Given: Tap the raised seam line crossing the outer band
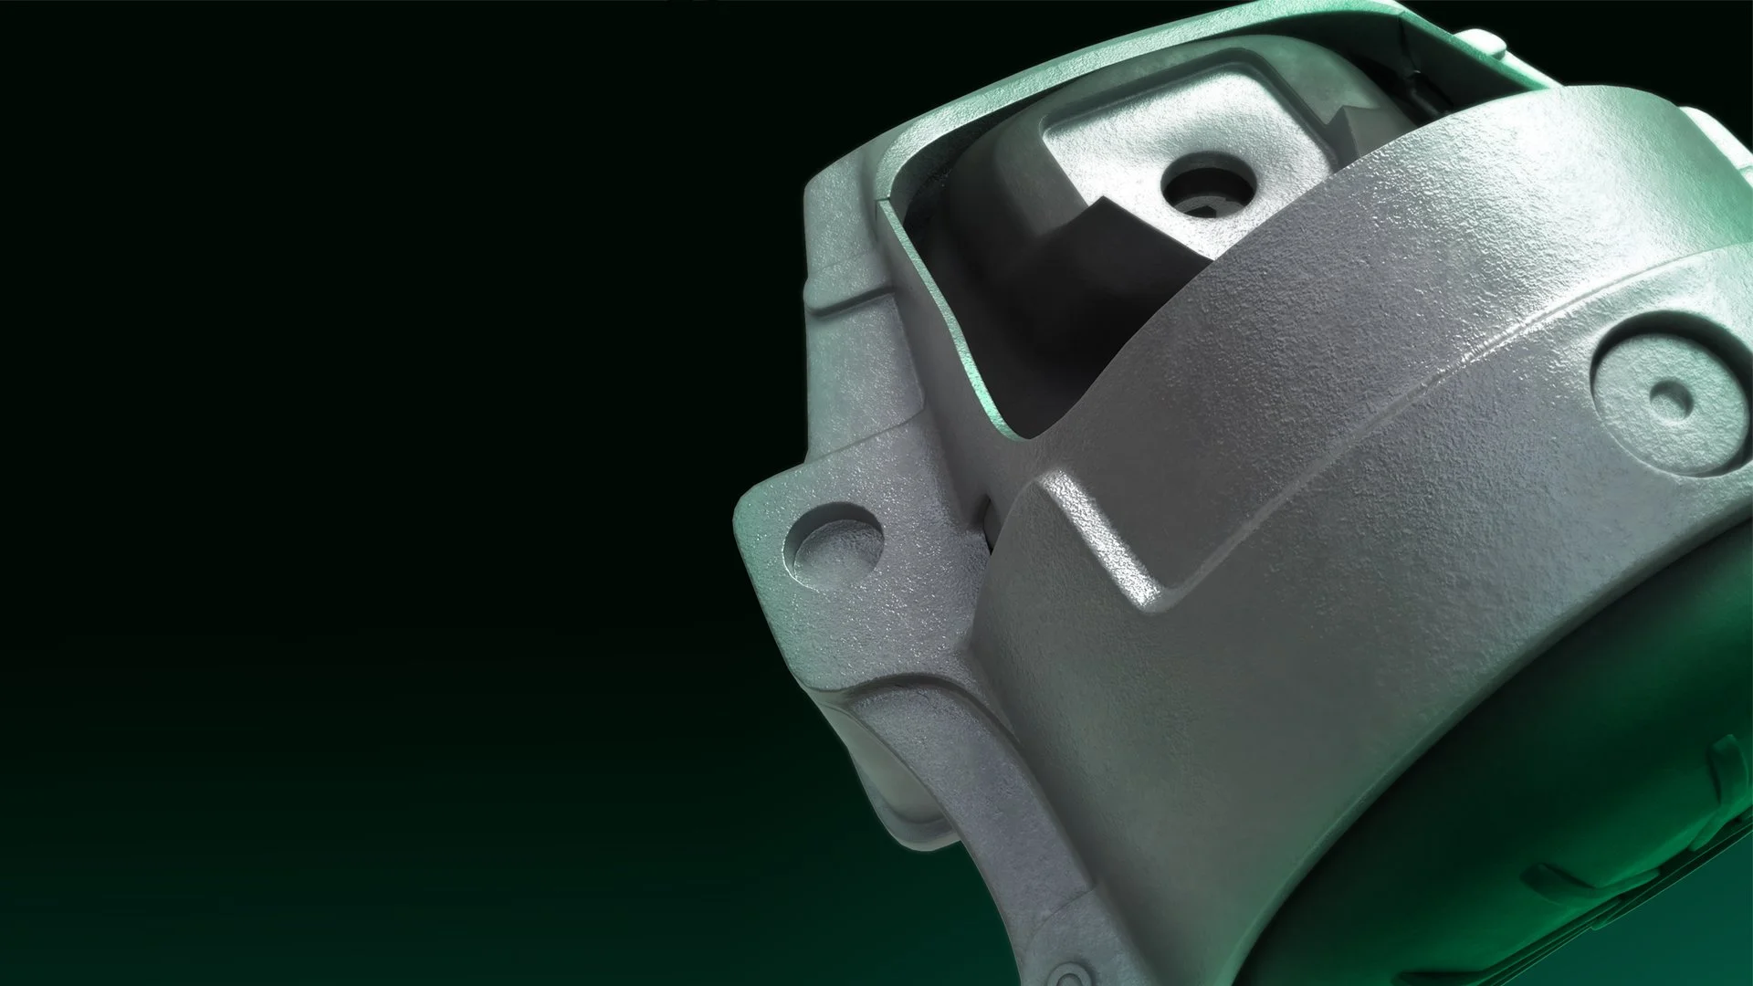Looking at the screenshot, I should pyautogui.click(x=1370, y=383).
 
